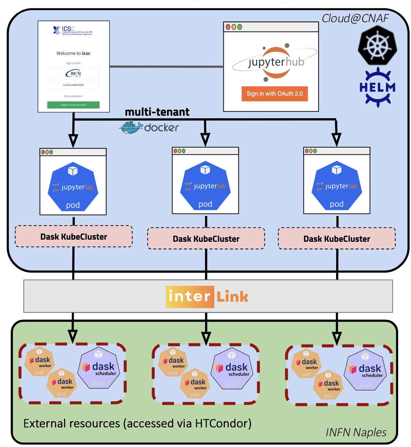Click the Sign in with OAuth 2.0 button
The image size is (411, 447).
[275, 94]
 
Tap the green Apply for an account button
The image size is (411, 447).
[73, 105]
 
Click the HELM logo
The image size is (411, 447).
[377, 87]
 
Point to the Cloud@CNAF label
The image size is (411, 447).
[355, 18]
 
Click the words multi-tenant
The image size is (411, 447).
[157, 112]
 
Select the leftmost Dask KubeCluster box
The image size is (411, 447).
[74, 237]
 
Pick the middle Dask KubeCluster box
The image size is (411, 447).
[206, 239]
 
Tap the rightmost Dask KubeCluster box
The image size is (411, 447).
[337, 239]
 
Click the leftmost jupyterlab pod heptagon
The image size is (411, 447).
[73, 187]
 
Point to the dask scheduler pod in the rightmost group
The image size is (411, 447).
[366, 371]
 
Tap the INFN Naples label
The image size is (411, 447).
[356, 432]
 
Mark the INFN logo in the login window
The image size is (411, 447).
[73, 73]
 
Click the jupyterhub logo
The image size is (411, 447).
[275, 62]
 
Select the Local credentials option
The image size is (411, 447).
[73, 85]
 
